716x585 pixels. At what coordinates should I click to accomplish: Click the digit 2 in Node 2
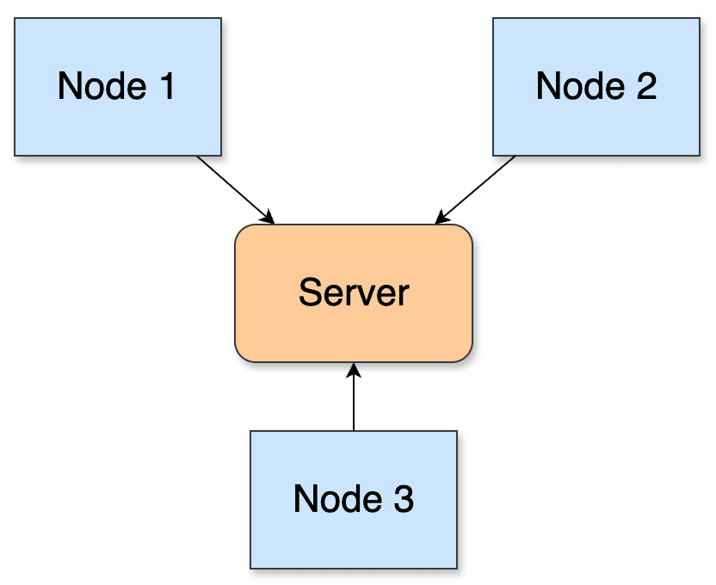(646, 86)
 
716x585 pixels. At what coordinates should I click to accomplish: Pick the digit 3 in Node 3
(404, 499)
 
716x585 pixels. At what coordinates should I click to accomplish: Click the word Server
(353, 292)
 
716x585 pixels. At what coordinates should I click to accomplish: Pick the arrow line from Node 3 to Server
(354, 400)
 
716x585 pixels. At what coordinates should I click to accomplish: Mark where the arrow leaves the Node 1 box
(197, 157)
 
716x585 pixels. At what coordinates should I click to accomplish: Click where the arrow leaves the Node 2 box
(515, 157)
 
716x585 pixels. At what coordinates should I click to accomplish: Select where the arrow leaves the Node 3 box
(354, 430)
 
